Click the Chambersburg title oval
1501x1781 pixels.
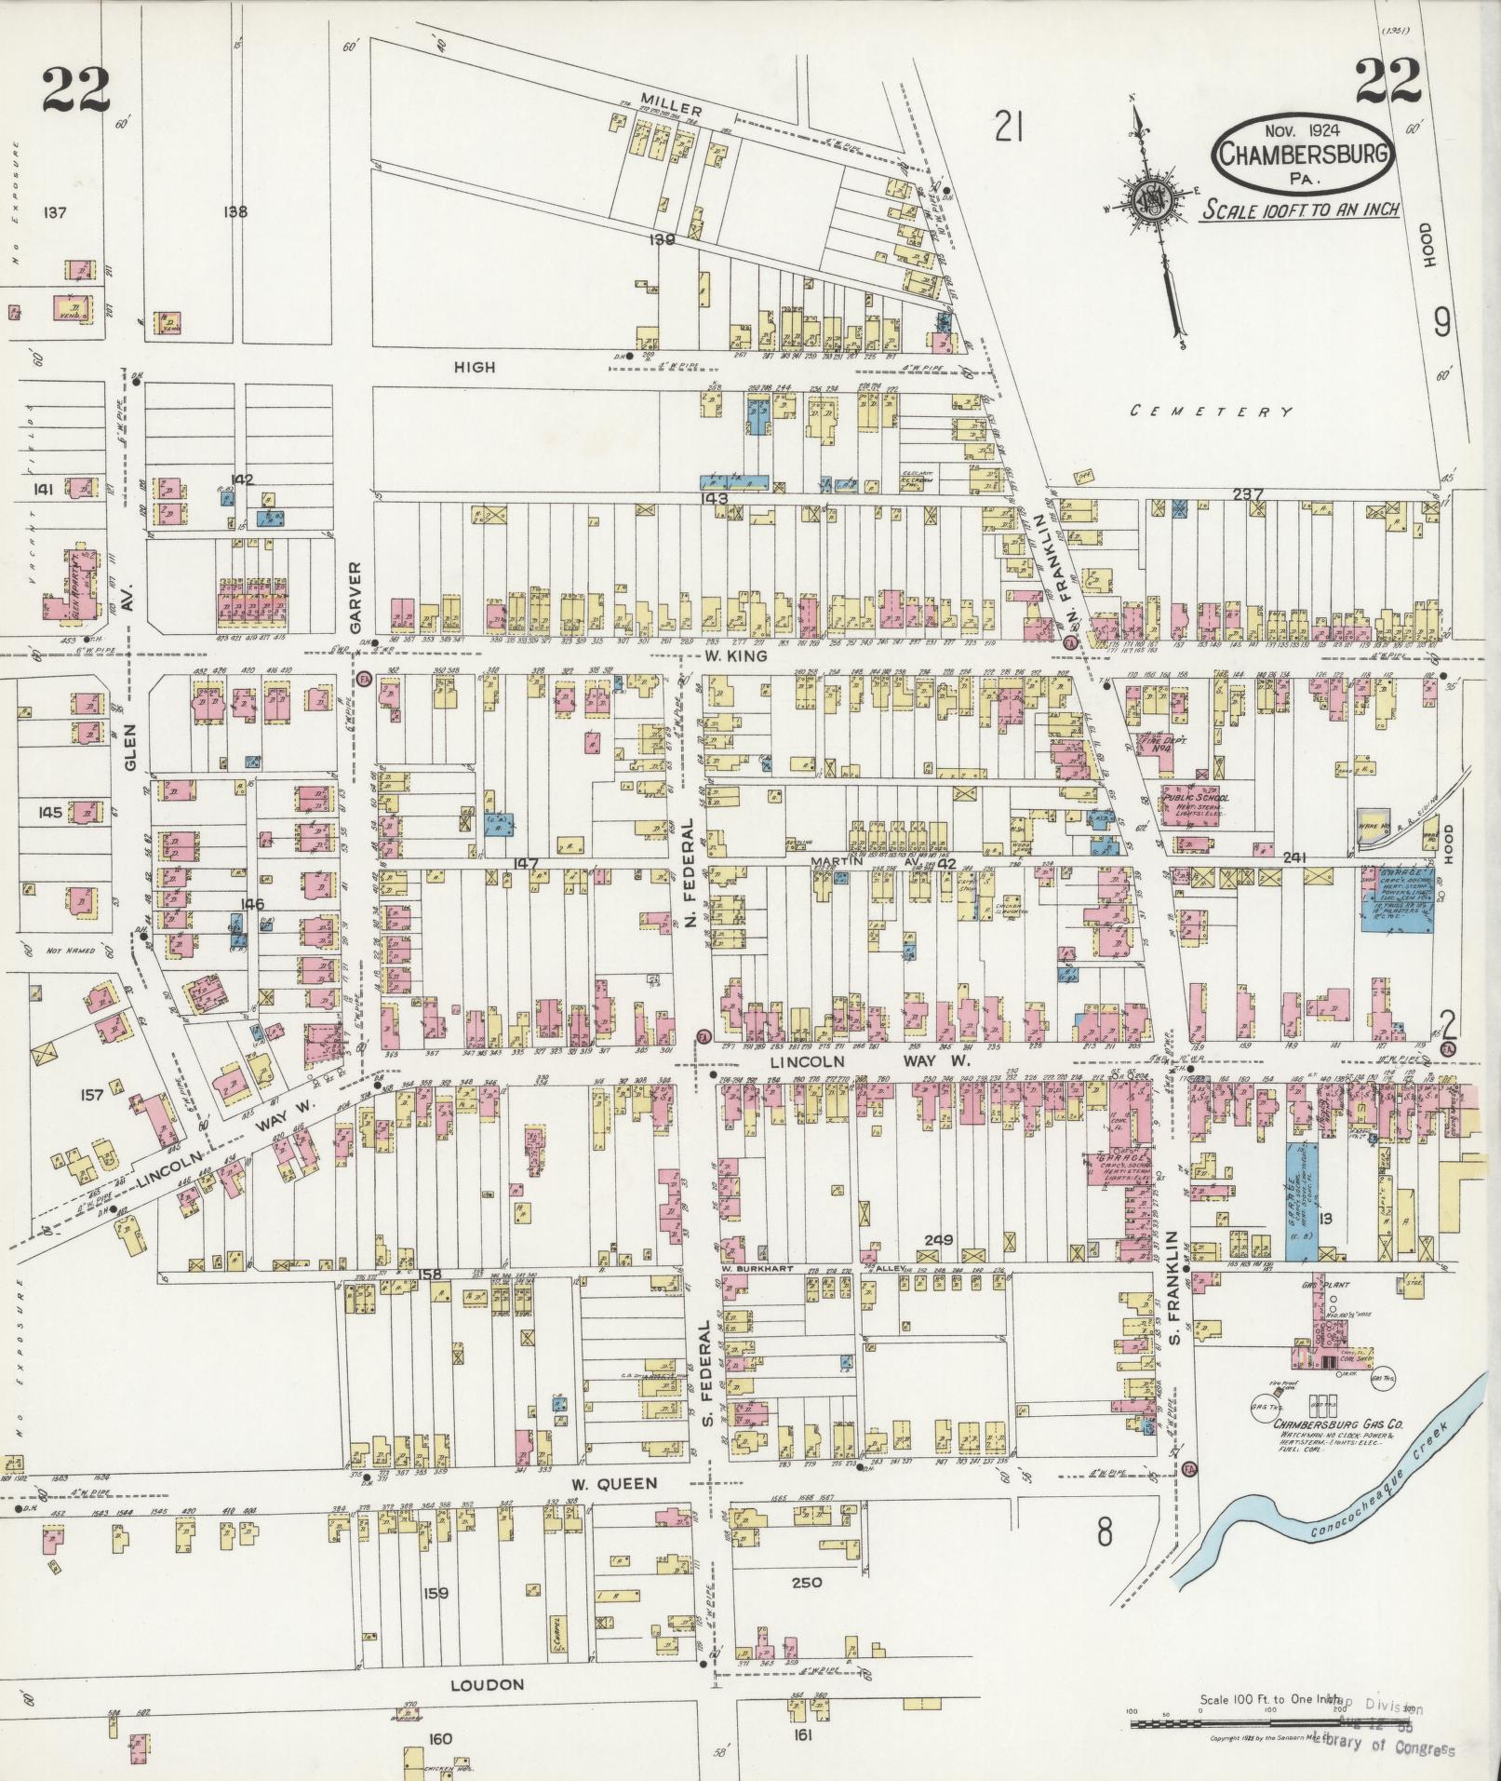pyautogui.click(x=1302, y=153)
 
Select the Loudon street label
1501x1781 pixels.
pyautogui.click(x=488, y=1685)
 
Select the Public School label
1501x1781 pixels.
pyautogui.click(x=1196, y=798)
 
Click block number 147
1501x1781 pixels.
pyautogui.click(x=526, y=864)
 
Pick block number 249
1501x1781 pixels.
pyautogui.click(x=939, y=1239)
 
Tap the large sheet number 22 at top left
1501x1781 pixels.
pyautogui.click(x=75, y=88)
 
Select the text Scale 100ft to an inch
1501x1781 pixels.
pyautogui.click(x=1300, y=209)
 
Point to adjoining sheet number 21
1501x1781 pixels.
pyautogui.click(x=1008, y=125)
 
